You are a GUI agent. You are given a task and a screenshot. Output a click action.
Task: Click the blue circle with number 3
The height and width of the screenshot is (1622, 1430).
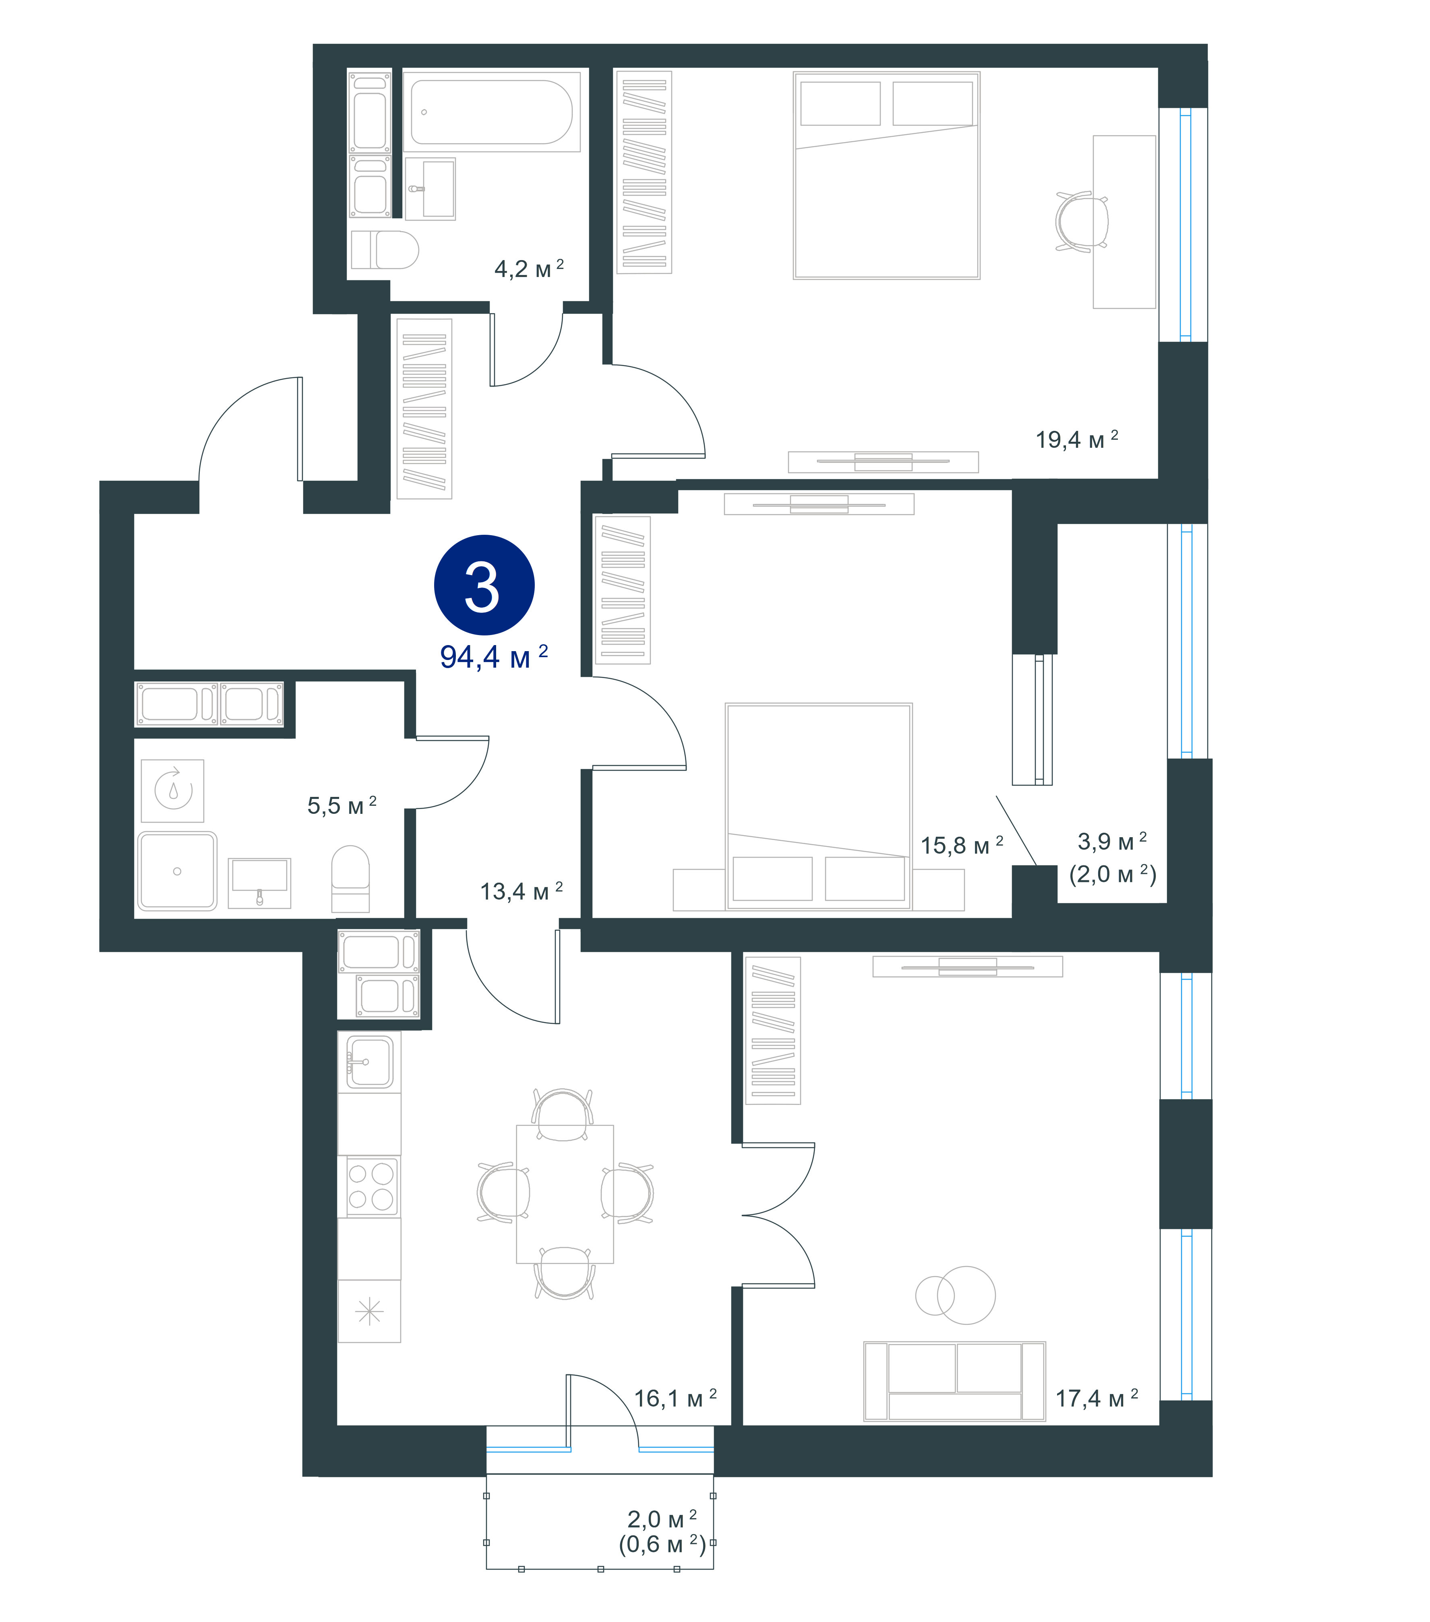point(484,585)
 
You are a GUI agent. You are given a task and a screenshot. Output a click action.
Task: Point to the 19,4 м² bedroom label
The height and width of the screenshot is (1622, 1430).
point(1077,439)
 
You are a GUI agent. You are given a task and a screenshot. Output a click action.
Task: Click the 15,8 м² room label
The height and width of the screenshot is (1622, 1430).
point(962,845)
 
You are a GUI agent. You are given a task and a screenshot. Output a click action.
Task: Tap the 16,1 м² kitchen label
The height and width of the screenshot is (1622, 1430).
point(675,1398)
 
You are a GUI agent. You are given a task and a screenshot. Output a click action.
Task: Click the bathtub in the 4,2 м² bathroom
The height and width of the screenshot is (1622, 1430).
point(492,112)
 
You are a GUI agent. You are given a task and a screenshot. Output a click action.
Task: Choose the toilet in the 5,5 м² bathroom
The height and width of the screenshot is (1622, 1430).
point(350,879)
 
